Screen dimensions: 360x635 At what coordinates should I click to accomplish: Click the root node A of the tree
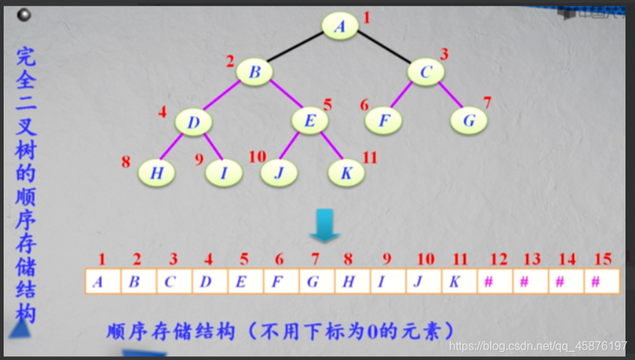point(340,26)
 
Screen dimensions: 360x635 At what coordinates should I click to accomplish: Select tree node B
point(255,72)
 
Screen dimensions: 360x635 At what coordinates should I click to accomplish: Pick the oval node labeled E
point(310,121)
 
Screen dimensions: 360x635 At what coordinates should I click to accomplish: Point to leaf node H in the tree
point(157,173)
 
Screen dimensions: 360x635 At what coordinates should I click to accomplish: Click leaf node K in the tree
point(346,173)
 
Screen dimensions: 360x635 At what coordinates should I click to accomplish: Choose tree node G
point(468,120)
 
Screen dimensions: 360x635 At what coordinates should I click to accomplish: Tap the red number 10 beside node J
point(257,157)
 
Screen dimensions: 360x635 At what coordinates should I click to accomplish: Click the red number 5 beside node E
point(328,105)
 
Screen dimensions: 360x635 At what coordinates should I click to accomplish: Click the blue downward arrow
point(323,225)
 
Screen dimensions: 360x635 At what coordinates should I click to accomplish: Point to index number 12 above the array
point(497,259)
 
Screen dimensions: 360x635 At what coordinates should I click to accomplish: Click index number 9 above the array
point(386,259)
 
